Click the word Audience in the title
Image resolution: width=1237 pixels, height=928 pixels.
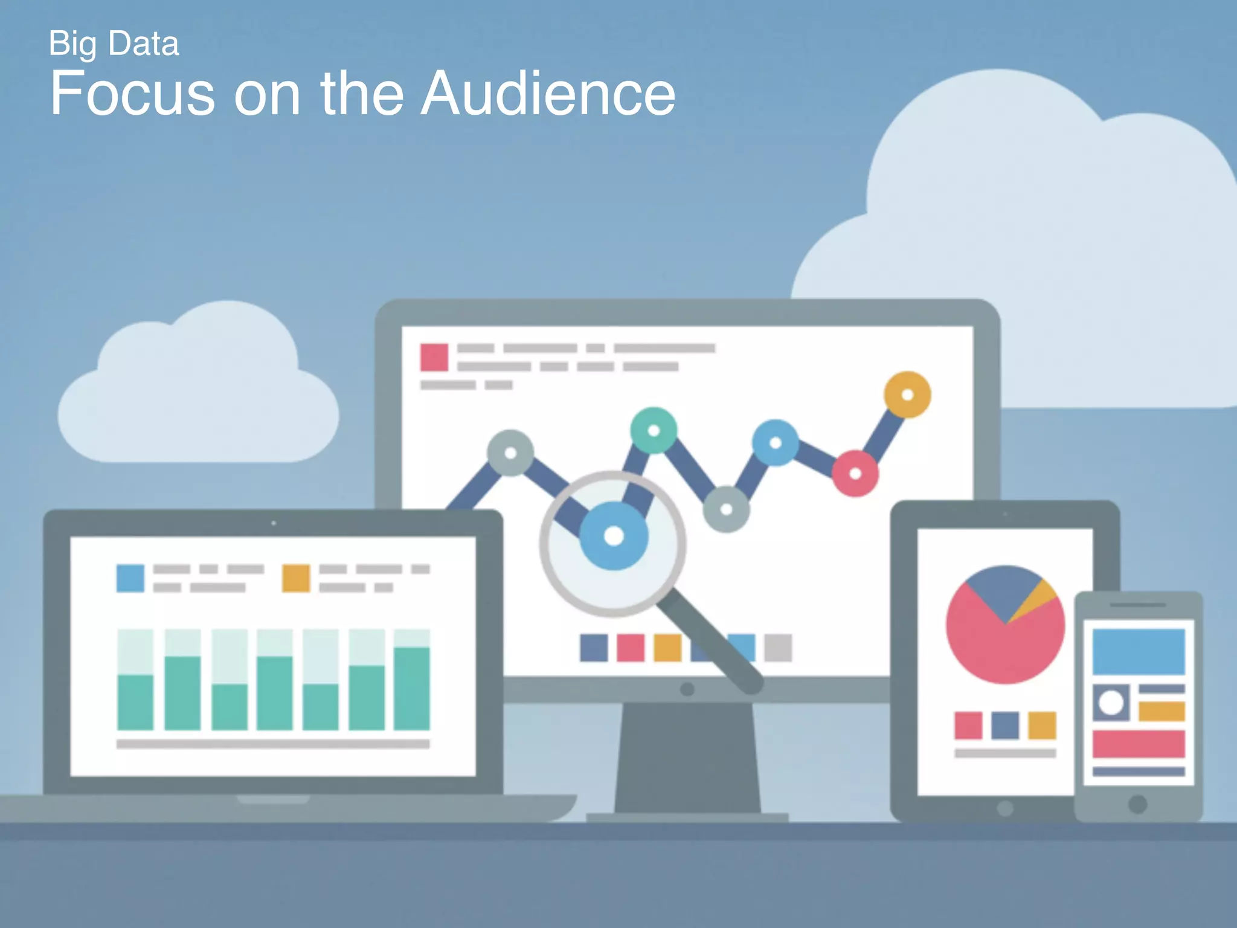pos(547,94)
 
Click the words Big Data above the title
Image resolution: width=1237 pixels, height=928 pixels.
pos(114,43)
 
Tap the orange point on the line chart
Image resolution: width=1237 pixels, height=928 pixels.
pos(907,395)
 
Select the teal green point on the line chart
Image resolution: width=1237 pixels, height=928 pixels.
pos(654,430)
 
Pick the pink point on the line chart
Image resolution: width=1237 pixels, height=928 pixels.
pos(855,474)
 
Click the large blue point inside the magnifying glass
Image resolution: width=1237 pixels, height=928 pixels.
pos(614,536)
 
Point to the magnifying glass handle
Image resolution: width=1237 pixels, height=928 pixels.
pos(713,643)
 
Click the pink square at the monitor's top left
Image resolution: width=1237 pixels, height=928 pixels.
pos(434,357)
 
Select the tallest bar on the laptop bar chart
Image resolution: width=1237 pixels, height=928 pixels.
pos(412,688)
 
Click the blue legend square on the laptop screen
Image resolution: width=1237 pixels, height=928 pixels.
pos(130,578)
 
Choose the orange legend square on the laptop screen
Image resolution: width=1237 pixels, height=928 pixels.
pos(296,578)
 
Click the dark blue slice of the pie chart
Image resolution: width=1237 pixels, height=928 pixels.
pos(1003,589)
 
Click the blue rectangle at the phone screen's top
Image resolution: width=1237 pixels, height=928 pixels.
pos(1139,651)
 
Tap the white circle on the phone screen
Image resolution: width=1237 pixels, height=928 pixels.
pos(1111,703)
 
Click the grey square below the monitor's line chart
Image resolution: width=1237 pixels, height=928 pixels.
pos(778,648)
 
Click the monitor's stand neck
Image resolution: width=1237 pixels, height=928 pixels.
pos(687,755)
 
